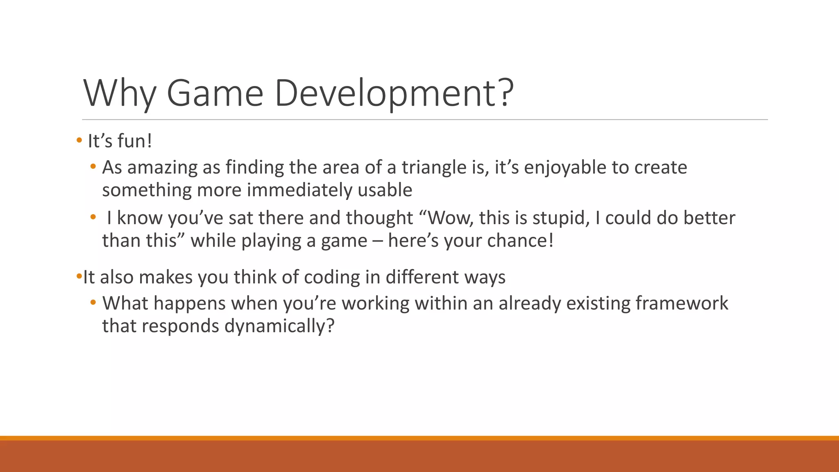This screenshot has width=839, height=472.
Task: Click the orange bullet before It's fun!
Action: (79, 141)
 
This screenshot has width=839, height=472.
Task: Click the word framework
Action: (682, 304)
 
